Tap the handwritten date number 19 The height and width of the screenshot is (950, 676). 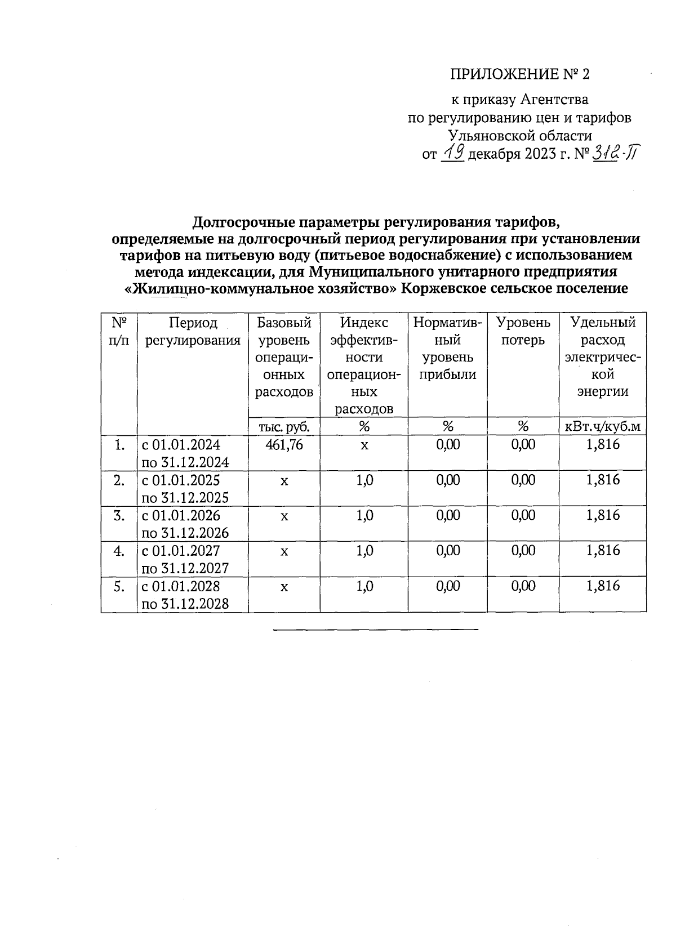point(452,153)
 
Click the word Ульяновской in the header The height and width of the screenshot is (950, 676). point(488,136)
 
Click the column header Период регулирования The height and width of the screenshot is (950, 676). point(193,332)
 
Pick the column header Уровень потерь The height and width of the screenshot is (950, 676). point(523,332)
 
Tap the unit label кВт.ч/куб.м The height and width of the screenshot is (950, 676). point(603,426)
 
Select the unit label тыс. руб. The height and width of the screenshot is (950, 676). point(284,426)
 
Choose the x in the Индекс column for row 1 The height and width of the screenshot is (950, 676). point(364,445)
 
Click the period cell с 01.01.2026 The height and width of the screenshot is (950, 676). point(181,515)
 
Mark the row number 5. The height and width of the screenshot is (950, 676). point(119,586)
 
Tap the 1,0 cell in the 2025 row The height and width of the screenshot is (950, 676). point(364,480)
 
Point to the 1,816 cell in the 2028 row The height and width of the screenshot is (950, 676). point(603,586)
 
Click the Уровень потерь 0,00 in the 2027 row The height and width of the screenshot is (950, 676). point(523,551)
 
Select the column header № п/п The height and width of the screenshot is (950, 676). point(119,332)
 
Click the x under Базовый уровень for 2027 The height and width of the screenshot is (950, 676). point(284,551)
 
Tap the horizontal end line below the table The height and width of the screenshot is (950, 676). point(375,629)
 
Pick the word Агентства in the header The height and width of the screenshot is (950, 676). point(554,100)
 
